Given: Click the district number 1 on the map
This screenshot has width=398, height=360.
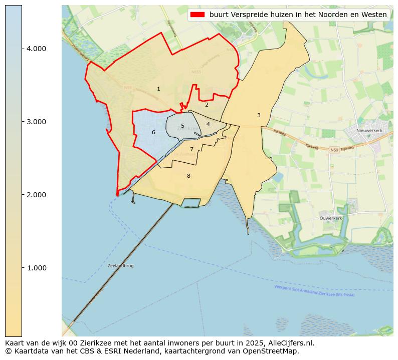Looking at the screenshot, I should pos(158,89).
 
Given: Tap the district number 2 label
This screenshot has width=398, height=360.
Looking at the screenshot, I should pos(207,105).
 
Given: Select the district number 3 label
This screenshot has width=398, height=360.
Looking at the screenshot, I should pos(259,116).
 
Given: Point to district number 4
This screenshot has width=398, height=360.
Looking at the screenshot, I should pos(208,125).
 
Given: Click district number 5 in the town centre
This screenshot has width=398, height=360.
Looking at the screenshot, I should pos(182,126).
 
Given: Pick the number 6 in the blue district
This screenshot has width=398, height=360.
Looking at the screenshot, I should pos(153,133).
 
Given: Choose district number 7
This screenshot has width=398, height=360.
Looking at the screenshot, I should pos(191,150).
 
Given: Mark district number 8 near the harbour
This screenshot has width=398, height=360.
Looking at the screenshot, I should pos(188,176).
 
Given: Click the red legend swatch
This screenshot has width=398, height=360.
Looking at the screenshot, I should pos(197,15).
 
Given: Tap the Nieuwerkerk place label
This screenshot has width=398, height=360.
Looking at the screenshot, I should pos(369,131).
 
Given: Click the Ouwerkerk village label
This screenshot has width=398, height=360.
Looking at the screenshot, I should pos(331,218).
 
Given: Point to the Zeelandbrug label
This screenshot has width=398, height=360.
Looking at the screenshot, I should pos(121,266).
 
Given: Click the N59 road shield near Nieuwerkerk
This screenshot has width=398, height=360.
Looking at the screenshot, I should pos(334,150).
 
